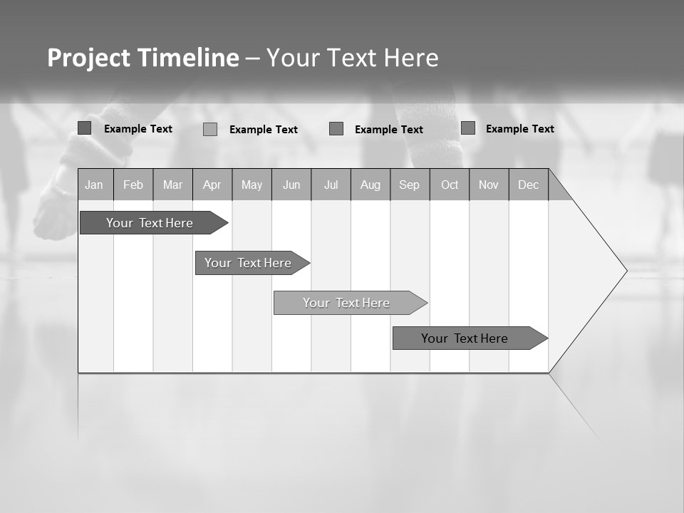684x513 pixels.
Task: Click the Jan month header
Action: [x=94, y=185]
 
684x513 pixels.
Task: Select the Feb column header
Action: [x=133, y=185]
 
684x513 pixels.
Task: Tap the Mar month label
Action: [x=172, y=185]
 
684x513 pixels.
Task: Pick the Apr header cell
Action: [x=212, y=185]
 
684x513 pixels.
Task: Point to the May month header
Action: [x=252, y=185]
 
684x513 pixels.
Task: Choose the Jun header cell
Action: [x=291, y=185]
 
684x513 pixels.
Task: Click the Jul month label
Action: [x=331, y=185]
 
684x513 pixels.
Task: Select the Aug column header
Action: [x=370, y=185]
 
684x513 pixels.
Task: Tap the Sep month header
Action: [x=410, y=185]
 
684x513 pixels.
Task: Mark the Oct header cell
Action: [x=450, y=185]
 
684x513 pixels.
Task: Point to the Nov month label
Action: [x=489, y=185]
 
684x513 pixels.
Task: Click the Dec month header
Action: [x=529, y=185]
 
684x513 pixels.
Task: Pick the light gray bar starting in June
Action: [x=347, y=303]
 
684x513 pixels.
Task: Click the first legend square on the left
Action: [x=85, y=128]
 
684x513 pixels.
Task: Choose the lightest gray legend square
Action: [x=210, y=129]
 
